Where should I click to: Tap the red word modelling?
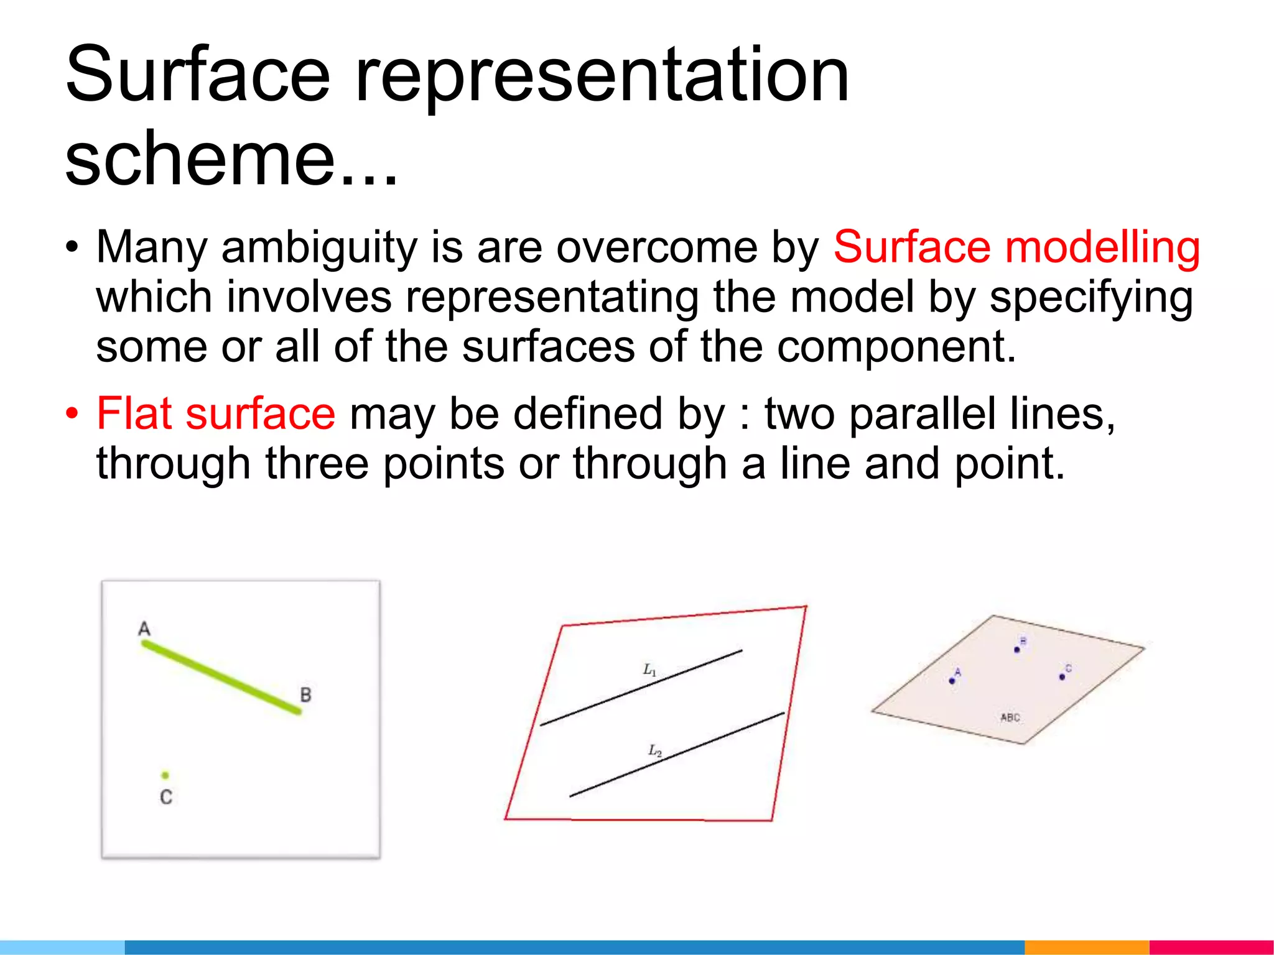pos(1102,247)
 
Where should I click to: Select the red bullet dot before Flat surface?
pos(73,413)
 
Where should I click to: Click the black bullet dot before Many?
pos(73,247)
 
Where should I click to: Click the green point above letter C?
pos(165,775)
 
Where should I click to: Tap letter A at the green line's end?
pos(144,629)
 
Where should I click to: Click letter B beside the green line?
pos(305,694)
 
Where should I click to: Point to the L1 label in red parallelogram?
pos(649,670)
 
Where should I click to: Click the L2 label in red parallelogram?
pos(655,751)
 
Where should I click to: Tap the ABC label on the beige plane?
pos(1010,717)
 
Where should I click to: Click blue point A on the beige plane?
pos(952,681)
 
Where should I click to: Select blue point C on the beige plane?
pos(1062,676)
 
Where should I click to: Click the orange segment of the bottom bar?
pos(1086,947)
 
